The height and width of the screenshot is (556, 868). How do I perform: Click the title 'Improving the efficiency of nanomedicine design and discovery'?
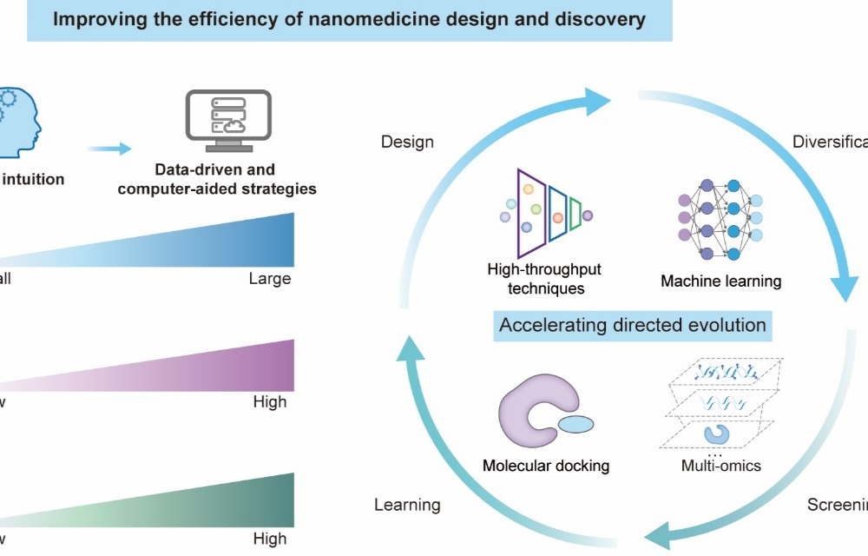pos(349,19)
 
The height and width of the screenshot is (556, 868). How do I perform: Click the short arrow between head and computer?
pos(108,149)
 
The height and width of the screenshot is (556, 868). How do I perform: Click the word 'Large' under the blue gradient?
pos(269,279)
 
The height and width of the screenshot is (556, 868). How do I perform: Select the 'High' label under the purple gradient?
pos(269,402)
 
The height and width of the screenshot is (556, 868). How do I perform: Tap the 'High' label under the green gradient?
pos(269,539)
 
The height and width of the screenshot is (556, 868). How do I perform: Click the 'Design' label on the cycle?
pos(407,142)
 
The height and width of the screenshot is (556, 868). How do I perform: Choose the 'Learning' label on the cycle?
pos(407,505)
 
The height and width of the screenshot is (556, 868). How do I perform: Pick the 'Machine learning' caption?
pos(720,281)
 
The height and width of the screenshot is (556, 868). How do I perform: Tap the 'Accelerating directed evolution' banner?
pos(632,326)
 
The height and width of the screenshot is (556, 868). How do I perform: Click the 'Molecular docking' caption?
pos(546,466)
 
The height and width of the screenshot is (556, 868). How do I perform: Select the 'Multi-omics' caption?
pos(720,466)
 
